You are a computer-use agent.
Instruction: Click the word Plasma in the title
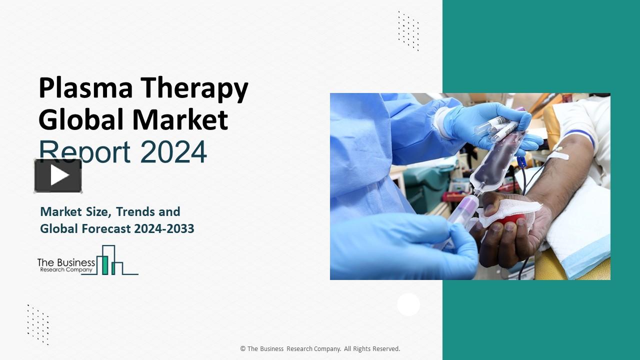pyautogui.click(x=85, y=88)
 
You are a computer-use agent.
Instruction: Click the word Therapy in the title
pyautogui.click(x=194, y=89)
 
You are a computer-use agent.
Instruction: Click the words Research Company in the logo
pyautogui.click(x=66, y=269)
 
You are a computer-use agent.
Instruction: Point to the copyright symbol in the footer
pyautogui.click(x=242, y=349)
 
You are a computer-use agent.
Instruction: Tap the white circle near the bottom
pyautogui.click(x=408, y=304)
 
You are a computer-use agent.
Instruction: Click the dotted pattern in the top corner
pyautogui.click(x=408, y=30)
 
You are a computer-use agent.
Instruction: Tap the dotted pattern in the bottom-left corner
pyautogui.click(x=38, y=324)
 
